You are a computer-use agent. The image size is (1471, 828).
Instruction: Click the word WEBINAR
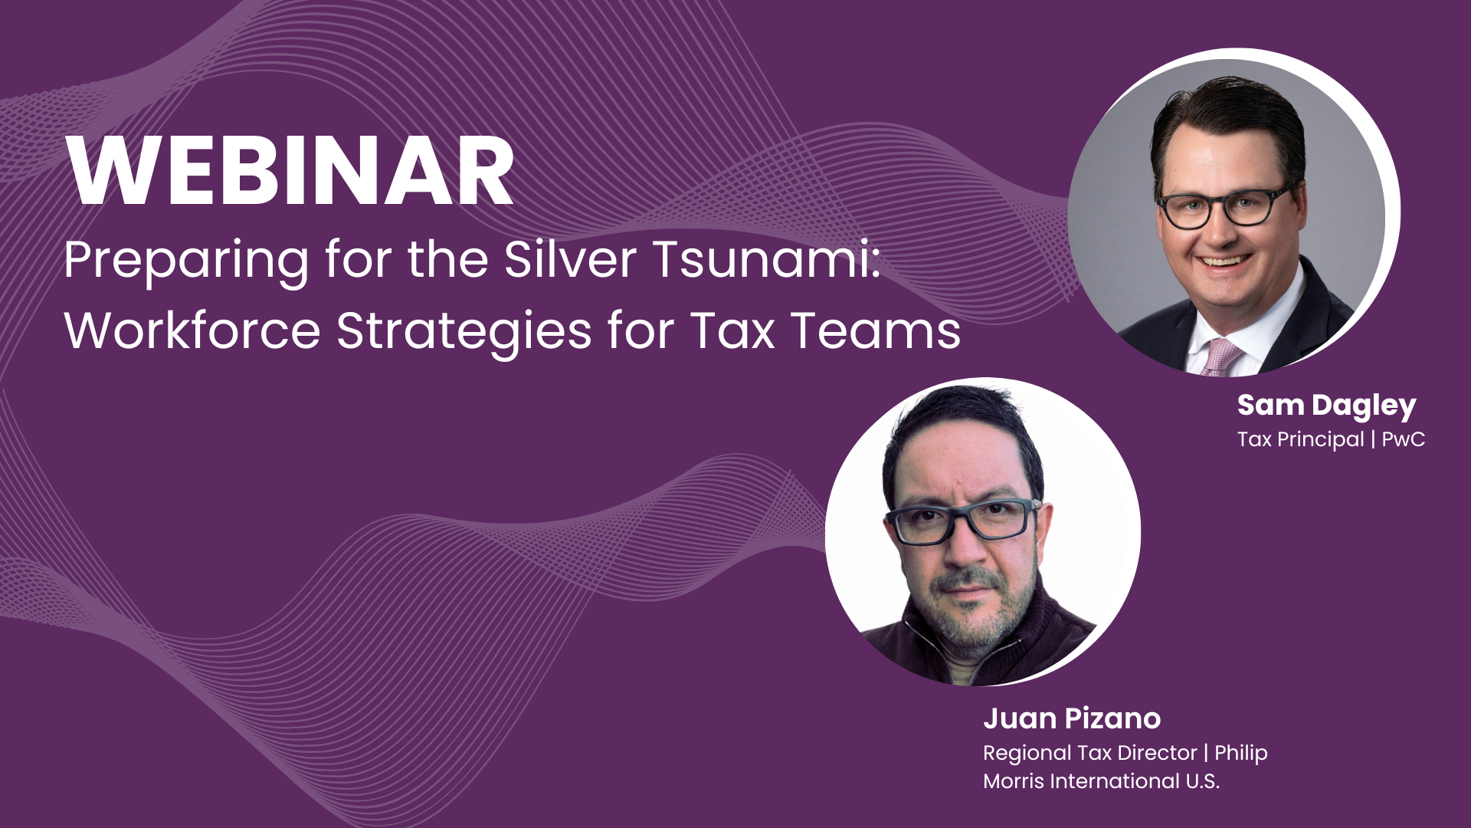tap(290, 172)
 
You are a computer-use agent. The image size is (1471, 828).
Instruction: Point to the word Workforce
tap(192, 330)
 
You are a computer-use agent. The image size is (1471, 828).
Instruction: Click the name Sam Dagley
tap(1326, 406)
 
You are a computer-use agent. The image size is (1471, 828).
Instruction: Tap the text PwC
tap(1404, 439)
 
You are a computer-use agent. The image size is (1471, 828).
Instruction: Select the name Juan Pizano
tap(1072, 718)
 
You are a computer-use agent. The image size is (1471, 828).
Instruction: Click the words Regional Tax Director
tap(1089, 753)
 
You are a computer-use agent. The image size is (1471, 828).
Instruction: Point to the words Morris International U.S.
tap(1101, 781)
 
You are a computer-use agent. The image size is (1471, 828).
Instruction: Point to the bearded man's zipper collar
tap(967, 652)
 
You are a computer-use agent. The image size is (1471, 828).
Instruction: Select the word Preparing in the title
tap(186, 261)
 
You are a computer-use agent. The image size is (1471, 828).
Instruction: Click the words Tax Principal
tap(1300, 439)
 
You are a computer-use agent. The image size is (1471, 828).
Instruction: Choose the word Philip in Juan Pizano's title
tap(1240, 754)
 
